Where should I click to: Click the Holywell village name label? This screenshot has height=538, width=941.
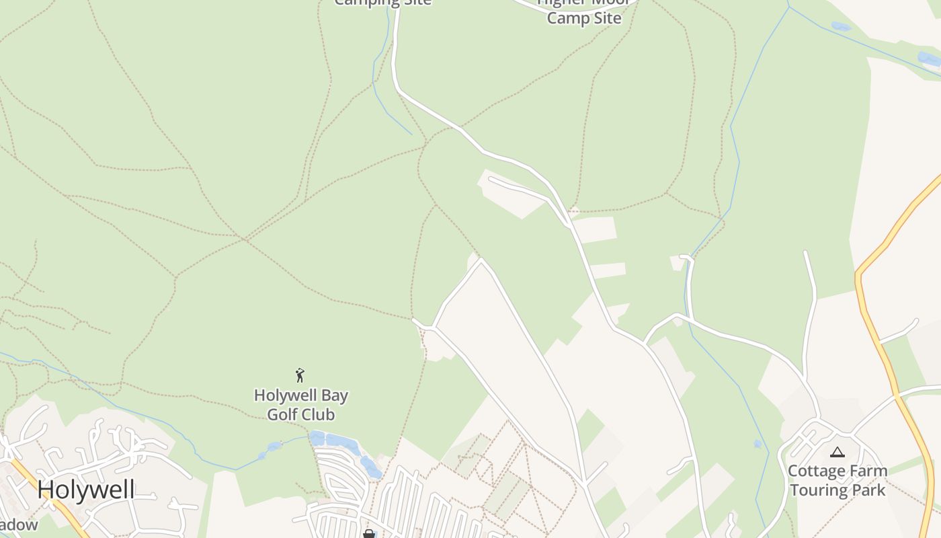click(86, 489)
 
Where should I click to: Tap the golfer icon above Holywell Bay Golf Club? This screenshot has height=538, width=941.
click(300, 375)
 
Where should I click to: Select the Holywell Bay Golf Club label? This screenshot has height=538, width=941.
click(300, 405)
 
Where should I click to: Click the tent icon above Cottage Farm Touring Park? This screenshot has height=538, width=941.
click(837, 453)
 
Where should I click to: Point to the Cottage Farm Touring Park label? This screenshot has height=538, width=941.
click(837, 480)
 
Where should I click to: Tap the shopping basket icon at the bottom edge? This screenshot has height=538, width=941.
click(368, 534)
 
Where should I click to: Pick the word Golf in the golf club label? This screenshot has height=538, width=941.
click(282, 414)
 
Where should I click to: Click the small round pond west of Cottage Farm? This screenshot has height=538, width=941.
click(758, 444)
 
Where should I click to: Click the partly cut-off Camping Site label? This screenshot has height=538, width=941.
click(382, 3)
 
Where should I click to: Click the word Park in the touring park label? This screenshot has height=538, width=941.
click(870, 490)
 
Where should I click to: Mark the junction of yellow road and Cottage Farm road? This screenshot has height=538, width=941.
click(897, 395)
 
